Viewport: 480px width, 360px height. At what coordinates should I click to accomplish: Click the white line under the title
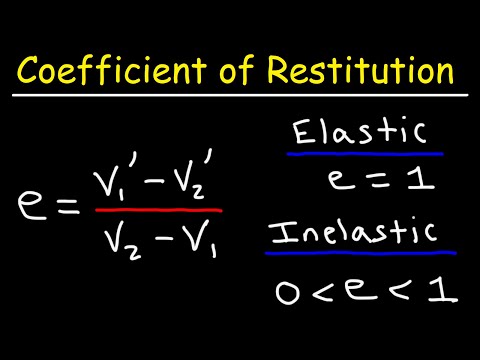pyautogui.click(x=240, y=96)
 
